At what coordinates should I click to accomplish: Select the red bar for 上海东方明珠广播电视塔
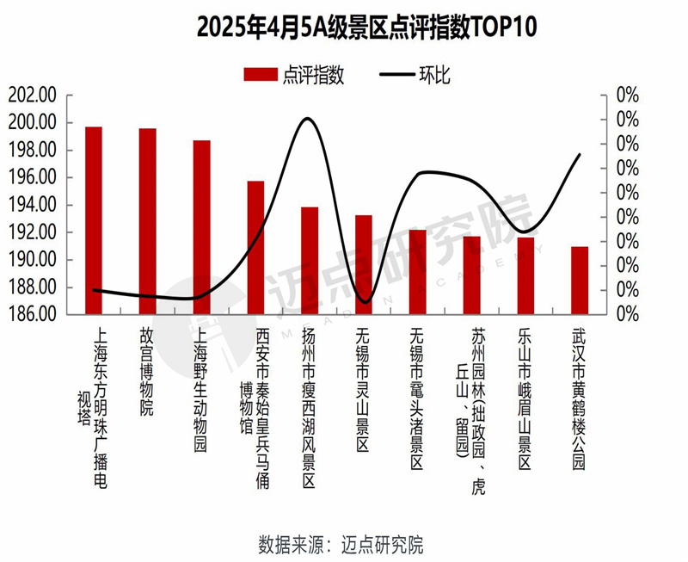tap(94, 220)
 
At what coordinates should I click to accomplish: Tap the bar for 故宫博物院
tap(148, 221)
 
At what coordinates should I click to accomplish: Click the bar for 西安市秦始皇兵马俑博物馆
tap(255, 248)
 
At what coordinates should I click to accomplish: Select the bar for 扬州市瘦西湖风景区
tap(310, 261)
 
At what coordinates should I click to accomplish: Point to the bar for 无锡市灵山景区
tap(364, 265)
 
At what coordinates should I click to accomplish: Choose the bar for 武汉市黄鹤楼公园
tap(580, 281)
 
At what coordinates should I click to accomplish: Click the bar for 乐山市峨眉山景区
tap(525, 275)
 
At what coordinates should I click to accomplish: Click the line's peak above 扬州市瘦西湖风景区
tap(307, 118)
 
